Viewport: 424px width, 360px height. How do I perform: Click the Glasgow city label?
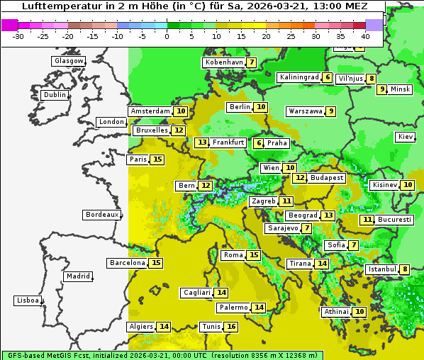[68, 61]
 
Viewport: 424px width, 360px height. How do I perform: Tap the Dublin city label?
[54, 95]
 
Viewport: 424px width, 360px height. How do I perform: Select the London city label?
[111, 122]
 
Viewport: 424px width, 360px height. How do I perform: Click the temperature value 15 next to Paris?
[157, 159]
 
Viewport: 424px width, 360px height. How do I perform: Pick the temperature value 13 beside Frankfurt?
[202, 142]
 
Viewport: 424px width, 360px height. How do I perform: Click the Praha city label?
[277, 143]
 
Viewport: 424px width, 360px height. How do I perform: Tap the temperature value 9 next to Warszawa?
[330, 111]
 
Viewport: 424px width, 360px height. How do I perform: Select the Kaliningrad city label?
[299, 77]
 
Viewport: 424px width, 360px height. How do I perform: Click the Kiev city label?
[406, 137]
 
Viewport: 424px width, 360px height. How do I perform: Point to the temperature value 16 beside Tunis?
[231, 327]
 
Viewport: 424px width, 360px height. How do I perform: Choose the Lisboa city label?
[28, 300]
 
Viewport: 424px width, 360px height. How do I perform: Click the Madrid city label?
[77, 276]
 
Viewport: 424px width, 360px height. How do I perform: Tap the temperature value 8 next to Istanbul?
[404, 269]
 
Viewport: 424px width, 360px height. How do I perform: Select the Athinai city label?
[336, 312]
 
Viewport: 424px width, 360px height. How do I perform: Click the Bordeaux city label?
[101, 215]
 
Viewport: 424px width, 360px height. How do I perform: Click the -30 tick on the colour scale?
[18, 36]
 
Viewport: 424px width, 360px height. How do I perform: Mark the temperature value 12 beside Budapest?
[300, 178]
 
